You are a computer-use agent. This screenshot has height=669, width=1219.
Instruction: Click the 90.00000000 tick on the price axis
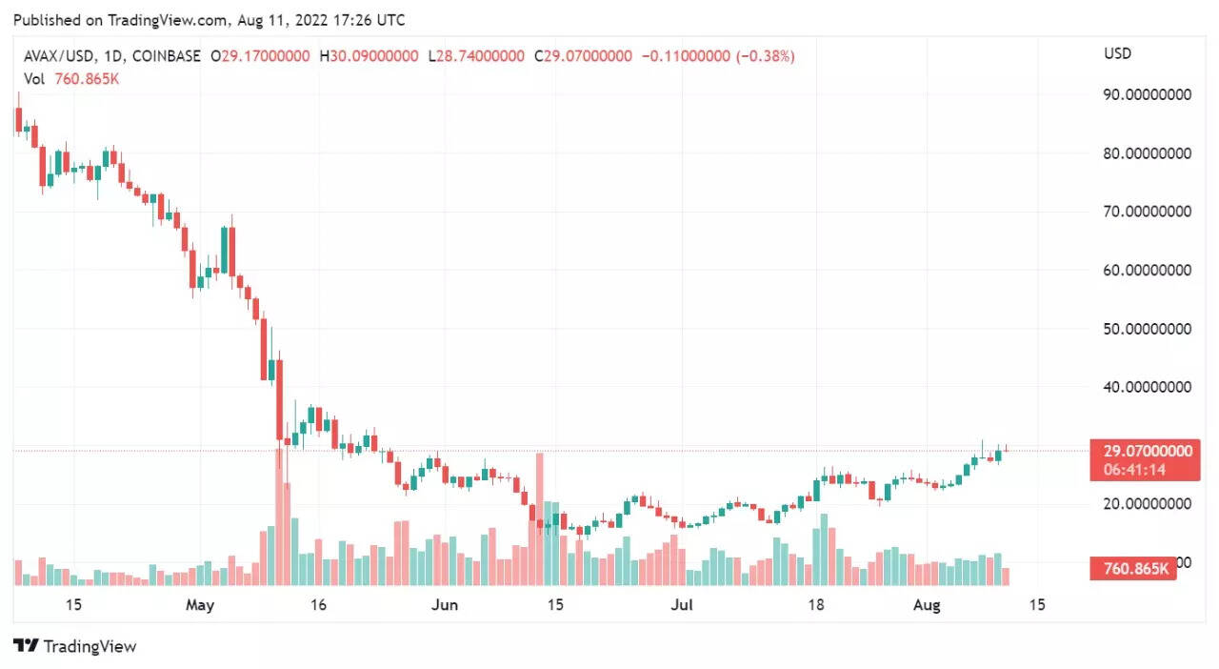[x=1147, y=94]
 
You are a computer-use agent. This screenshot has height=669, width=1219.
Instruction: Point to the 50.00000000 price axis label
[x=1147, y=329]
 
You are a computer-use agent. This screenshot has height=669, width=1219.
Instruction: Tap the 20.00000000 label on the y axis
[x=1147, y=503]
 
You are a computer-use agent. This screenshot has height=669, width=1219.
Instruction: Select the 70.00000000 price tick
[x=1147, y=212]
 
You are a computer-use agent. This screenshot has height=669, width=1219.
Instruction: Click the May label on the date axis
[x=200, y=604]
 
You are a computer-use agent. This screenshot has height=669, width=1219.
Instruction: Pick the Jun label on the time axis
[x=445, y=604]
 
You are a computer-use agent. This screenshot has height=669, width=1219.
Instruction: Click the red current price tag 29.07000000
[x=1147, y=451]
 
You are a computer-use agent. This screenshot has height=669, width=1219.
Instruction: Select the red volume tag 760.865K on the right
[x=1135, y=569]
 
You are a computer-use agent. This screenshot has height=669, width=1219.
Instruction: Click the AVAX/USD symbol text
[x=60, y=56]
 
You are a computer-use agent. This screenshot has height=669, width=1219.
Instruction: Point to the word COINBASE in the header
[x=167, y=56]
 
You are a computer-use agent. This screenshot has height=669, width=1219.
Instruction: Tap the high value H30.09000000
[x=370, y=56]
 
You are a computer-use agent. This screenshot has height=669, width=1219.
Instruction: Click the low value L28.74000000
[x=476, y=56]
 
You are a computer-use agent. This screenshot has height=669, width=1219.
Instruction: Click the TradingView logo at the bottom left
[x=75, y=646]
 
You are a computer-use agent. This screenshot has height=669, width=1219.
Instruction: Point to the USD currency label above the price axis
[x=1117, y=53]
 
